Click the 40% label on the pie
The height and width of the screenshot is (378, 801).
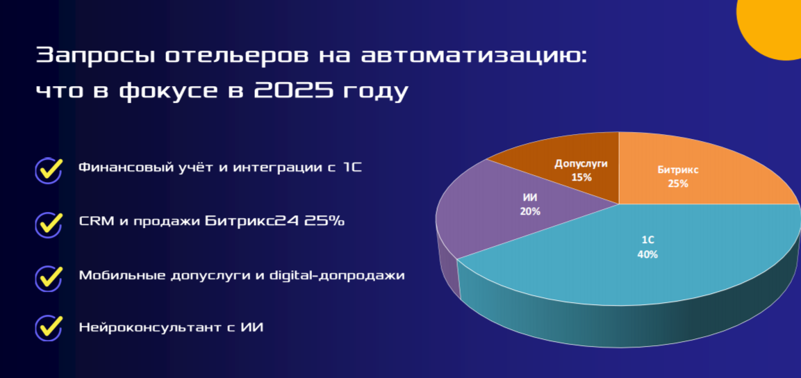[647, 254]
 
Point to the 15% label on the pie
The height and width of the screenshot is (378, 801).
[581, 178]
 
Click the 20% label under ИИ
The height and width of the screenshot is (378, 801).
[530, 211]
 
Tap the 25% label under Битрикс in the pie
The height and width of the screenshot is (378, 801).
[677, 183]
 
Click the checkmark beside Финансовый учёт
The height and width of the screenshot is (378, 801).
[49, 170]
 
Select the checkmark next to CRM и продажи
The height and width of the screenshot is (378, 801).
[49, 224]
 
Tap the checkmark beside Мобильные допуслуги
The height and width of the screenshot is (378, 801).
[49, 277]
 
